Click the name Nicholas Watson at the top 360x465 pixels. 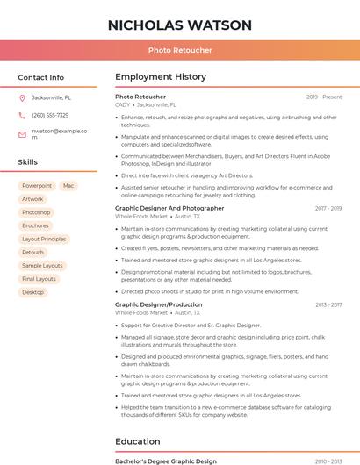[180, 25]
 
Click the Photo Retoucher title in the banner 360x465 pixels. [180, 50]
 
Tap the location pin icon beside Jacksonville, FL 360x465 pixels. [22, 97]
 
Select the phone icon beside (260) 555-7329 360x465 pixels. [22, 115]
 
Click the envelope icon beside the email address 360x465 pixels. [22, 133]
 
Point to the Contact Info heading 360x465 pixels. [40, 77]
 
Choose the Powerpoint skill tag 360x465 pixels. [37, 186]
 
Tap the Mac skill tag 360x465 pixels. [68, 186]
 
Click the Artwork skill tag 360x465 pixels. [32, 199]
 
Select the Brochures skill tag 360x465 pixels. [35, 225]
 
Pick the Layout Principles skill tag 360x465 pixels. [44, 239]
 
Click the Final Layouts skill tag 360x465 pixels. [39, 279]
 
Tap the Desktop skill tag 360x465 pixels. [32, 292]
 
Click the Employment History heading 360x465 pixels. [161, 77]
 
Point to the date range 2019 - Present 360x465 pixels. [324, 97]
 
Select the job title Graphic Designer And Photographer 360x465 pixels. [169, 208]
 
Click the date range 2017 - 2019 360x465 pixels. [328, 208]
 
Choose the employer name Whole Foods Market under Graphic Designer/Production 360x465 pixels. [141, 312]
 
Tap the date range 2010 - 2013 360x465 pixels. [328, 461]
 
